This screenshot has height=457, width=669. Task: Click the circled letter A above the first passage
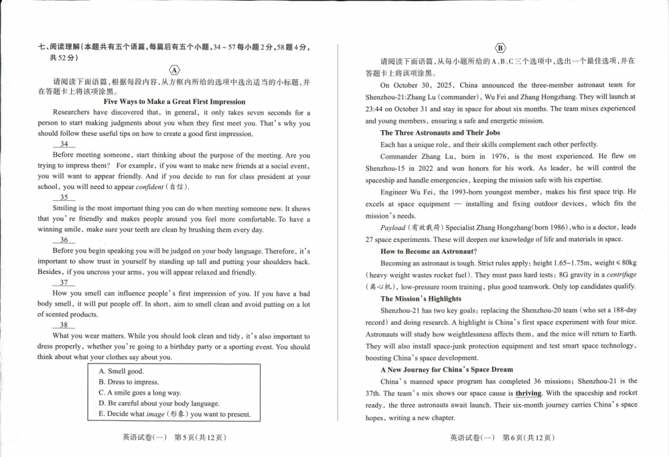[174, 70]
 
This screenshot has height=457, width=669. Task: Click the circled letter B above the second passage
[500, 48]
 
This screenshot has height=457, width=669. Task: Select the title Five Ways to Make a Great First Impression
[174, 101]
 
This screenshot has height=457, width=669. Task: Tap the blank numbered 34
[64, 144]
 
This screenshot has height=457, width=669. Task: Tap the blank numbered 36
[64, 240]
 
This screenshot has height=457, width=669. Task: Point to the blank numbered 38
[64, 325]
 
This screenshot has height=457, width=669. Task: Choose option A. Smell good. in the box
[121, 371]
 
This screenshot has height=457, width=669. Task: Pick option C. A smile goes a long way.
[140, 393]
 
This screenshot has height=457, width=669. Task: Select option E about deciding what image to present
[174, 415]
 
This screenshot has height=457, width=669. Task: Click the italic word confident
[150, 187]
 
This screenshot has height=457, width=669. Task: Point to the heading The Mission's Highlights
[421, 299]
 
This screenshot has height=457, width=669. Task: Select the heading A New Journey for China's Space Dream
[447, 369]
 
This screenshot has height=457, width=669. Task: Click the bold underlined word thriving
[529, 394]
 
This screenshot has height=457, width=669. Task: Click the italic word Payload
[393, 228]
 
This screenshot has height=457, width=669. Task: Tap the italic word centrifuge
[621, 275]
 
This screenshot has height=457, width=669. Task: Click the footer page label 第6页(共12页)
[527, 438]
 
